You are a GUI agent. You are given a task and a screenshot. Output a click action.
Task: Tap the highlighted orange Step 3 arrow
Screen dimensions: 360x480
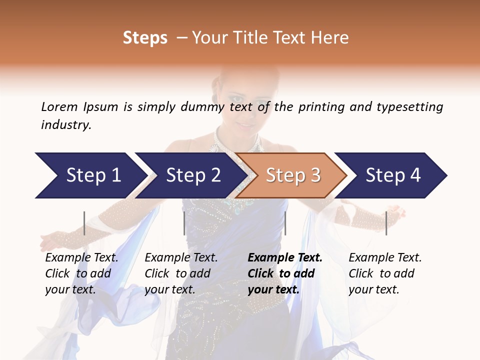[293, 175]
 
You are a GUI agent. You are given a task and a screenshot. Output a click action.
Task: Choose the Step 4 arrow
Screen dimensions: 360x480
[393, 175]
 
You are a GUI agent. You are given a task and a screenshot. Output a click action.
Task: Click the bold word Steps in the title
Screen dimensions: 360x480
[145, 38]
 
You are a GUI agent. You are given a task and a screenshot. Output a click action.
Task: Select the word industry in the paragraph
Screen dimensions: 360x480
[65, 125]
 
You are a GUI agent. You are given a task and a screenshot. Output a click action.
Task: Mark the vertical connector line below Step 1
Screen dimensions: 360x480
[84, 223]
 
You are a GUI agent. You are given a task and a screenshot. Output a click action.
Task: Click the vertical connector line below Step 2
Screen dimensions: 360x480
[184, 223]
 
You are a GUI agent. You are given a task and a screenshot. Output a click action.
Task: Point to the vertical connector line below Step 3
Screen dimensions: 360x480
[285, 223]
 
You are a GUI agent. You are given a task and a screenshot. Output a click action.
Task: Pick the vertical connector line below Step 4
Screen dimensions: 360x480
[386, 223]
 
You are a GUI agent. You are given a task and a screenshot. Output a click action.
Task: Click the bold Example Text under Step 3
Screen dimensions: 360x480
[285, 257]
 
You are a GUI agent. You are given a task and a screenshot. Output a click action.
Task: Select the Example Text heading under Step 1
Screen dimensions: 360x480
[81, 257]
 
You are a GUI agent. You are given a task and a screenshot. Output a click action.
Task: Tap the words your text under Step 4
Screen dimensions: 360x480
[374, 289]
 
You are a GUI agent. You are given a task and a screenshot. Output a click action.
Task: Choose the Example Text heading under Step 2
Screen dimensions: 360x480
[181, 257]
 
